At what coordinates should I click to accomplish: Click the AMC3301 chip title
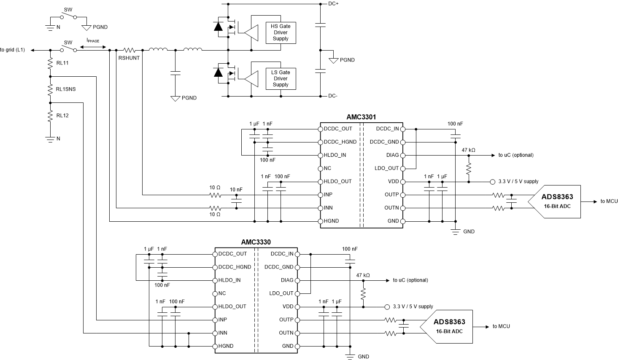[x=361, y=117]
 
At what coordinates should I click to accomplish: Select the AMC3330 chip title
[x=256, y=242]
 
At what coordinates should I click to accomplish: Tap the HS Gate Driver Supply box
[x=281, y=32]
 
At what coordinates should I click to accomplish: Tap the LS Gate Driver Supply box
[x=281, y=78]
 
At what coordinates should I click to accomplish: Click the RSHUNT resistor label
[x=129, y=58]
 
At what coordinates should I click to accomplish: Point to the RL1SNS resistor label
[x=66, y=89]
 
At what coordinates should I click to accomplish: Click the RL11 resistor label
[x=62, y=63]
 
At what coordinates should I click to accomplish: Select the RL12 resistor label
[x=62, y=115]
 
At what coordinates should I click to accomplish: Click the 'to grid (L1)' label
[x=13, y=50]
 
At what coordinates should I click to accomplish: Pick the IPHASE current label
[x=93, y=41]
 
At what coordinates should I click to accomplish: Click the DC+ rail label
[x=333, y=4]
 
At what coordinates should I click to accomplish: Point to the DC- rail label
[x=332, y=96]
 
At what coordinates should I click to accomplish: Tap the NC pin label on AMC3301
[x=327, y=168]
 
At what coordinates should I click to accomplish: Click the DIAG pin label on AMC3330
[x=287, y=280]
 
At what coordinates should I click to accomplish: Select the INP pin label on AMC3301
[x=328, y=195]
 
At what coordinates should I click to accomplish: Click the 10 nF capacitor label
[x=236, y=190]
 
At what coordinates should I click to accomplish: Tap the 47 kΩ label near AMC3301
[x=468, y=150]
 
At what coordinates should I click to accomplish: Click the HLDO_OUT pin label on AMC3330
[x=232, y=306]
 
